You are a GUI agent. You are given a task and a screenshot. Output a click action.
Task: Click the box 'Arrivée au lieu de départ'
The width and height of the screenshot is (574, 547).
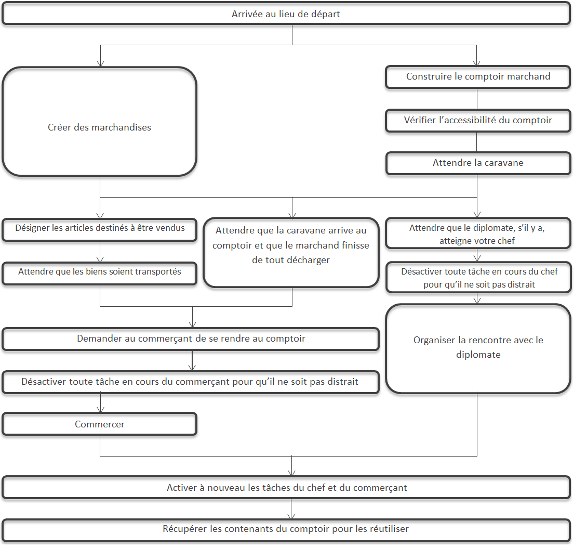coord(286,14)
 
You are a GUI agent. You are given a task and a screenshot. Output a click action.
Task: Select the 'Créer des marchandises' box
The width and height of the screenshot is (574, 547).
coord(100,122)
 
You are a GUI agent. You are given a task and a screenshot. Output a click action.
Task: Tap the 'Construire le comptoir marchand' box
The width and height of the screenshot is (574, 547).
coord(478,76)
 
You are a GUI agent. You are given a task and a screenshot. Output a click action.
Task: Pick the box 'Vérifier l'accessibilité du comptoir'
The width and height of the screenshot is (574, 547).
coord(478,120)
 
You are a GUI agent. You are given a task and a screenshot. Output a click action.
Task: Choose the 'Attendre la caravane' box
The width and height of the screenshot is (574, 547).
coord(478,163)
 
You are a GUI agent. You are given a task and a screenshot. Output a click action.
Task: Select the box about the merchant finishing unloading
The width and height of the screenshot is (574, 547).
coord(291,253)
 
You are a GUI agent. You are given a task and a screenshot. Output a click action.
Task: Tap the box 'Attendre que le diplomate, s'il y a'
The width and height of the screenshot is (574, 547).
coord(478,233)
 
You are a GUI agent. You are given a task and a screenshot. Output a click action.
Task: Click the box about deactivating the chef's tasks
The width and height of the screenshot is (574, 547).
coord(478,277)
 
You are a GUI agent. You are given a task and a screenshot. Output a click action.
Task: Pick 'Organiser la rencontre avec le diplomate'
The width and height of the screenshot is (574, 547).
coord(478,349)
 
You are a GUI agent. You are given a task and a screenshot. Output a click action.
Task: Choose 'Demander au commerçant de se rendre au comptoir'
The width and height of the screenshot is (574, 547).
coord(191,339)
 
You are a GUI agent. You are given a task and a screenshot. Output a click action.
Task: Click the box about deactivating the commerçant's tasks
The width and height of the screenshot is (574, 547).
coord(191,382)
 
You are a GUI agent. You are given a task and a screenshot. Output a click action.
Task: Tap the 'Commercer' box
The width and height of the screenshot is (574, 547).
coord(100,424)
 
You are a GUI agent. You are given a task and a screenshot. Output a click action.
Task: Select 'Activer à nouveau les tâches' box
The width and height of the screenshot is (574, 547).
coord(286,488)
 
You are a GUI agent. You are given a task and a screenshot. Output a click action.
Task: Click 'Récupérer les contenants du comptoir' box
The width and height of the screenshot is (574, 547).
coord(286,530)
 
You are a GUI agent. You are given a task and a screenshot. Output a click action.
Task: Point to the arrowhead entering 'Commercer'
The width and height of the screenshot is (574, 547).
coord(101,410)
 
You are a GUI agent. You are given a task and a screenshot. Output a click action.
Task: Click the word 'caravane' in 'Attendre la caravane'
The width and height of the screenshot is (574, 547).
coord(504,163)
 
